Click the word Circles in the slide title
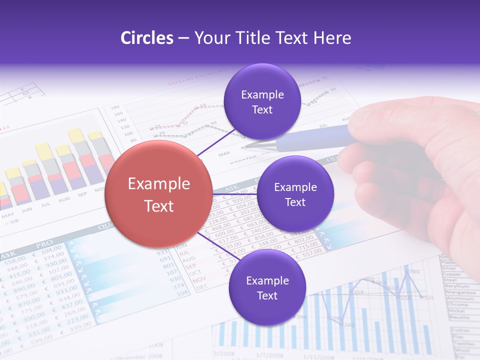tap(147, 38)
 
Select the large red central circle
tap(158, 194)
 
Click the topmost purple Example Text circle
tap(262, 101)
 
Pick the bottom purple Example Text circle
tap(267, 288)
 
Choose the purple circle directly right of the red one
tap(295, 194)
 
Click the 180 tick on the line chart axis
tap(114, 107)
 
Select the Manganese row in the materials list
tap(459, 292)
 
